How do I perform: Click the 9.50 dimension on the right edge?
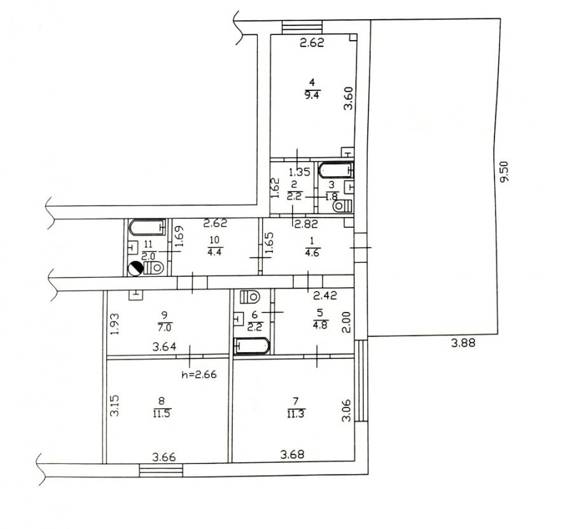point(504,171)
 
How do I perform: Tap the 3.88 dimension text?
point(463,342)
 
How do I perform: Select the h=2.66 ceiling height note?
point(199,375)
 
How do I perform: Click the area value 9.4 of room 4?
point(312,95)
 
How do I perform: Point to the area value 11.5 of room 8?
point(162,413)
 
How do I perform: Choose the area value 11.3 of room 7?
point(295,414)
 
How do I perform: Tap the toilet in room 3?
point(342,206)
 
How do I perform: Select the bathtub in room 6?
point(252,346)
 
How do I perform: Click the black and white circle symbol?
point(136,269)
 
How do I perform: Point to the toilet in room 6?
point(249,297)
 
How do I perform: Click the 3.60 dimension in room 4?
point(349,98)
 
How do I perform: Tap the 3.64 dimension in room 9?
point(164,347)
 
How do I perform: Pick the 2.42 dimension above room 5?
point(325,295)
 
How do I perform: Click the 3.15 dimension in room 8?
point(115,406)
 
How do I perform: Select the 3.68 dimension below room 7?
point(292,455)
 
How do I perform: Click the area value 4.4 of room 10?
point(214,251)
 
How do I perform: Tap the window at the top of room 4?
point(302,27)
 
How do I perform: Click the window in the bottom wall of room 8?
point(161,470)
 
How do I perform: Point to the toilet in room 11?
point(153,268)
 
